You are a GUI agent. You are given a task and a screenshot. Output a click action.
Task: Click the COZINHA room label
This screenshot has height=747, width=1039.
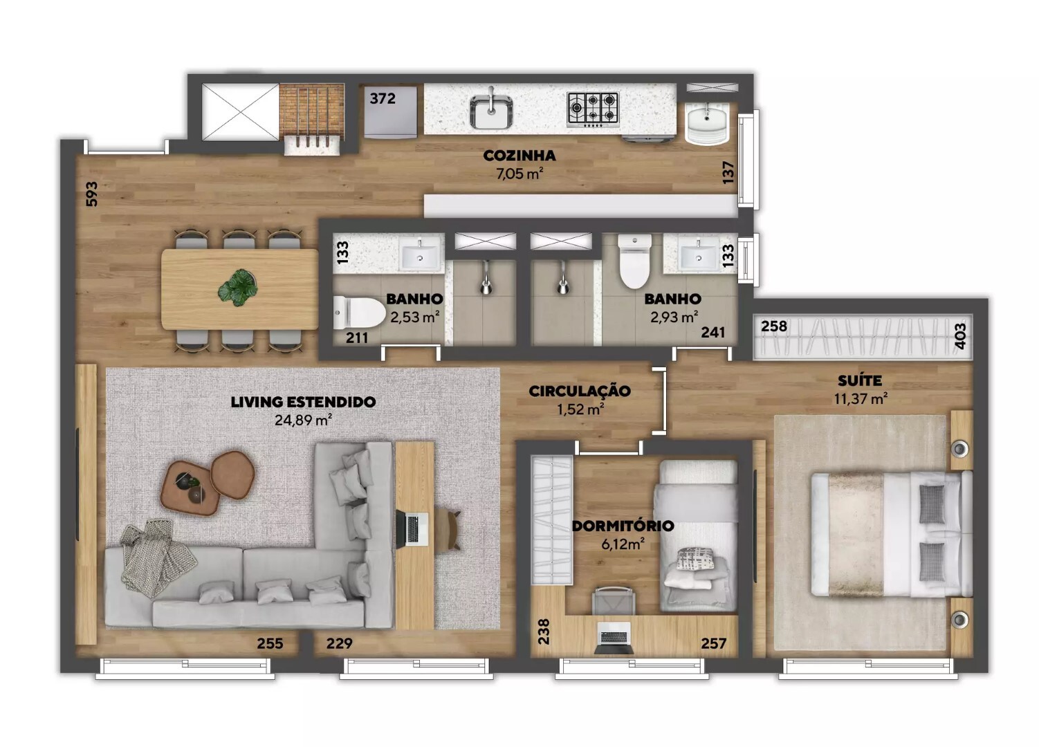pos(519,156)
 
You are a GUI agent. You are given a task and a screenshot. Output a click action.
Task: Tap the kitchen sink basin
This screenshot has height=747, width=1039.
pos(491,111)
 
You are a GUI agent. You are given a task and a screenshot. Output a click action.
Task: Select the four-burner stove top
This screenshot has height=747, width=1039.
pos(593,109)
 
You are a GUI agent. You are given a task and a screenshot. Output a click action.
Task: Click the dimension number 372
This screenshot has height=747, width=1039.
pos(383,98)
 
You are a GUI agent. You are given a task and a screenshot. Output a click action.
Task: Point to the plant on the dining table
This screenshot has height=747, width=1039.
pos(239,288)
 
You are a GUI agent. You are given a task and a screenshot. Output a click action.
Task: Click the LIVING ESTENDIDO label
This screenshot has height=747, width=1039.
pos(304,402)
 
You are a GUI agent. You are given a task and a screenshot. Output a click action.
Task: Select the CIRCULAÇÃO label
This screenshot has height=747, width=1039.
pos(580,391)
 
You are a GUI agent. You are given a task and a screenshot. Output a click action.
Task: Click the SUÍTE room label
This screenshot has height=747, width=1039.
pos(860,380)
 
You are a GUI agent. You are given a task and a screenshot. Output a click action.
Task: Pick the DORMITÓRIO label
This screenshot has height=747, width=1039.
pos(623,526)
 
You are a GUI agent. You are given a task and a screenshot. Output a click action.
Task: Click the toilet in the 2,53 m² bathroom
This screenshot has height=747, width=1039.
pos(359,313)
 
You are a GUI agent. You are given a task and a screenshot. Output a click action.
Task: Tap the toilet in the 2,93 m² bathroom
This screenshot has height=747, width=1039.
pos(635,261)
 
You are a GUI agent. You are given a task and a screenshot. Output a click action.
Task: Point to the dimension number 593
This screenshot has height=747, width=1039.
pos(92,194)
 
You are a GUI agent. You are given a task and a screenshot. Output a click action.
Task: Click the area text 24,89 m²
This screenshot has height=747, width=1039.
pos(304,420)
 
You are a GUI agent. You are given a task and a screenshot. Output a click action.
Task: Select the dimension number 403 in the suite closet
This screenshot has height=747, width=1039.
pos(961,337)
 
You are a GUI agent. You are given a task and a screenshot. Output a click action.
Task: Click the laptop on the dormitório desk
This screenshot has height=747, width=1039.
pos(614,638)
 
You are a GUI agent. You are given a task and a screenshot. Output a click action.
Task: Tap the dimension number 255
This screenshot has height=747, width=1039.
pos(270,644)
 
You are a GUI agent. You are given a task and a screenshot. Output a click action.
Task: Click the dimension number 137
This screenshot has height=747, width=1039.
pos(728,172)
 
